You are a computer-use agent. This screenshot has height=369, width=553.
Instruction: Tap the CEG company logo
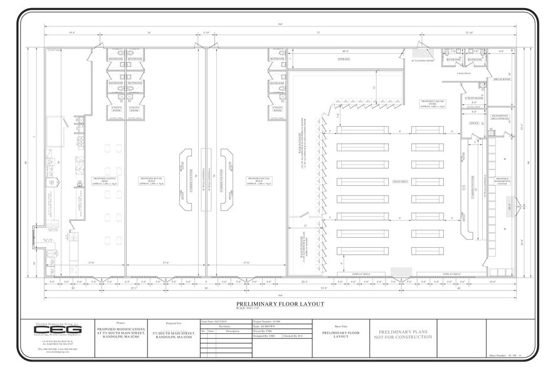point(50,329)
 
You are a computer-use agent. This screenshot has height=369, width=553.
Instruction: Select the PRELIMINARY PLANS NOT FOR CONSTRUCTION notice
point(406,334)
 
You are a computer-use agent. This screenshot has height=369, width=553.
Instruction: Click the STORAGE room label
point(344,59)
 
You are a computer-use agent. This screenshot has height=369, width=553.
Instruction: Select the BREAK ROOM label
point(503,80)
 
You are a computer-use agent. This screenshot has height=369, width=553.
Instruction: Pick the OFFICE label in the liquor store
point(474,123)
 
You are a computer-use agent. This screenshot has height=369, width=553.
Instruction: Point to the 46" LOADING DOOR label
point(422,61)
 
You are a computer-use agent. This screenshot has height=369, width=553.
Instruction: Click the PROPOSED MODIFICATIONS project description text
point(120,334)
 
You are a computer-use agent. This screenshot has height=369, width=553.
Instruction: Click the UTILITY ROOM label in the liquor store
point(474,99)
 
